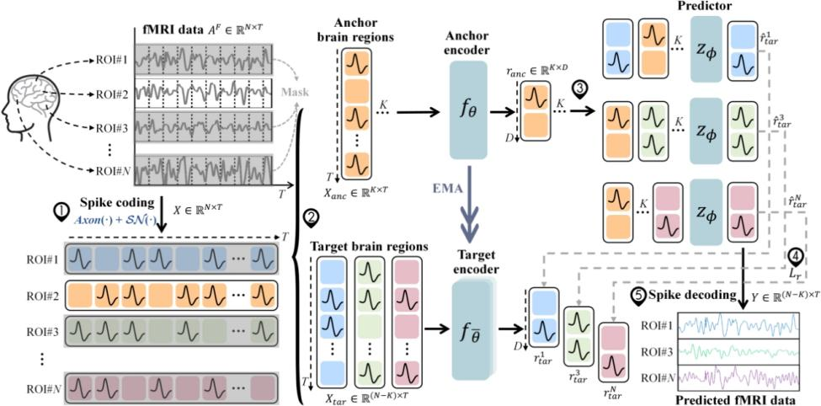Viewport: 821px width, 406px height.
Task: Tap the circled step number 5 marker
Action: coord(640,295)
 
